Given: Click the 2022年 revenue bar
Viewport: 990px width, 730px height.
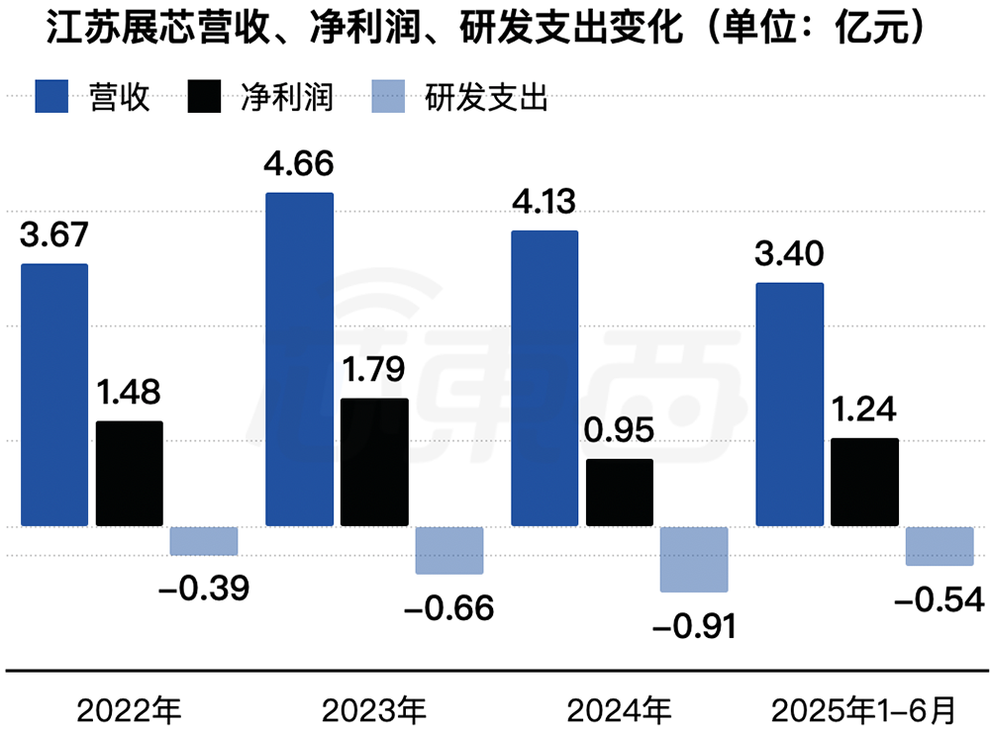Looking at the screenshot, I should pyautogui.click(x=54, y=395).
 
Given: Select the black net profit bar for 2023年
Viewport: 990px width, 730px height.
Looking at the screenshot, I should pyautogui.click(x=374, y=462).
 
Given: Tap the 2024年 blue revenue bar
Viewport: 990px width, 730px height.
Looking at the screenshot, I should pyautogui.click(x=544, y=378).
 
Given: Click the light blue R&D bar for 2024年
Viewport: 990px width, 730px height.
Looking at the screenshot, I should pyautogui.click(x=694, y=560).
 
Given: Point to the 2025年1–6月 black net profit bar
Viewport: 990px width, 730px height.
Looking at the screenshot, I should pyautogui.click(x=865, y=482).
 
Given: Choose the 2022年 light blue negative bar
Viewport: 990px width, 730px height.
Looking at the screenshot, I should pyautogui.click(x=204, y=541).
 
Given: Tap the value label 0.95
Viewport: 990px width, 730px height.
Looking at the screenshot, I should pyautogui.click(x=620, y=431).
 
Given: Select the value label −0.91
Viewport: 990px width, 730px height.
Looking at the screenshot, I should pyautogui.click(x=694, y=625).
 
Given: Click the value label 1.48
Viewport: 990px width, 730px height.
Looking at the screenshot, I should pyautogui.click(x=130, y=393).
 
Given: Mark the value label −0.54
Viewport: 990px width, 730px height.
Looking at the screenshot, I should pyautogui.click(x=939, y=599).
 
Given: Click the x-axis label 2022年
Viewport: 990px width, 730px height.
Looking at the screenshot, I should pyautogui.click(x=129, y=708).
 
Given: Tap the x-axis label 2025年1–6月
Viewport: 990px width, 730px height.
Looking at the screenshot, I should pyautogui.click(x=865, y=708).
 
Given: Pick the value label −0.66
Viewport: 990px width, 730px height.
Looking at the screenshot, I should pyautogui.click(x=448, y=607).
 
